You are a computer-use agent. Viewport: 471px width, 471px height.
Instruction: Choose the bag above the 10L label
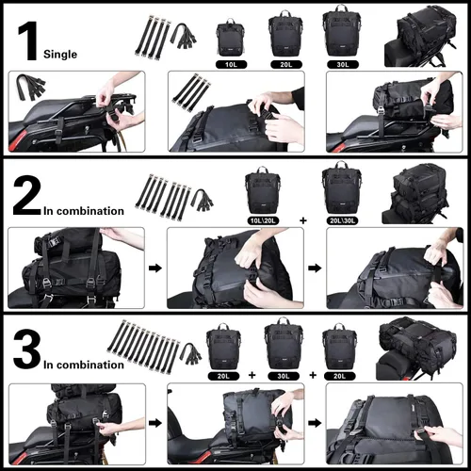coord(230,36)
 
